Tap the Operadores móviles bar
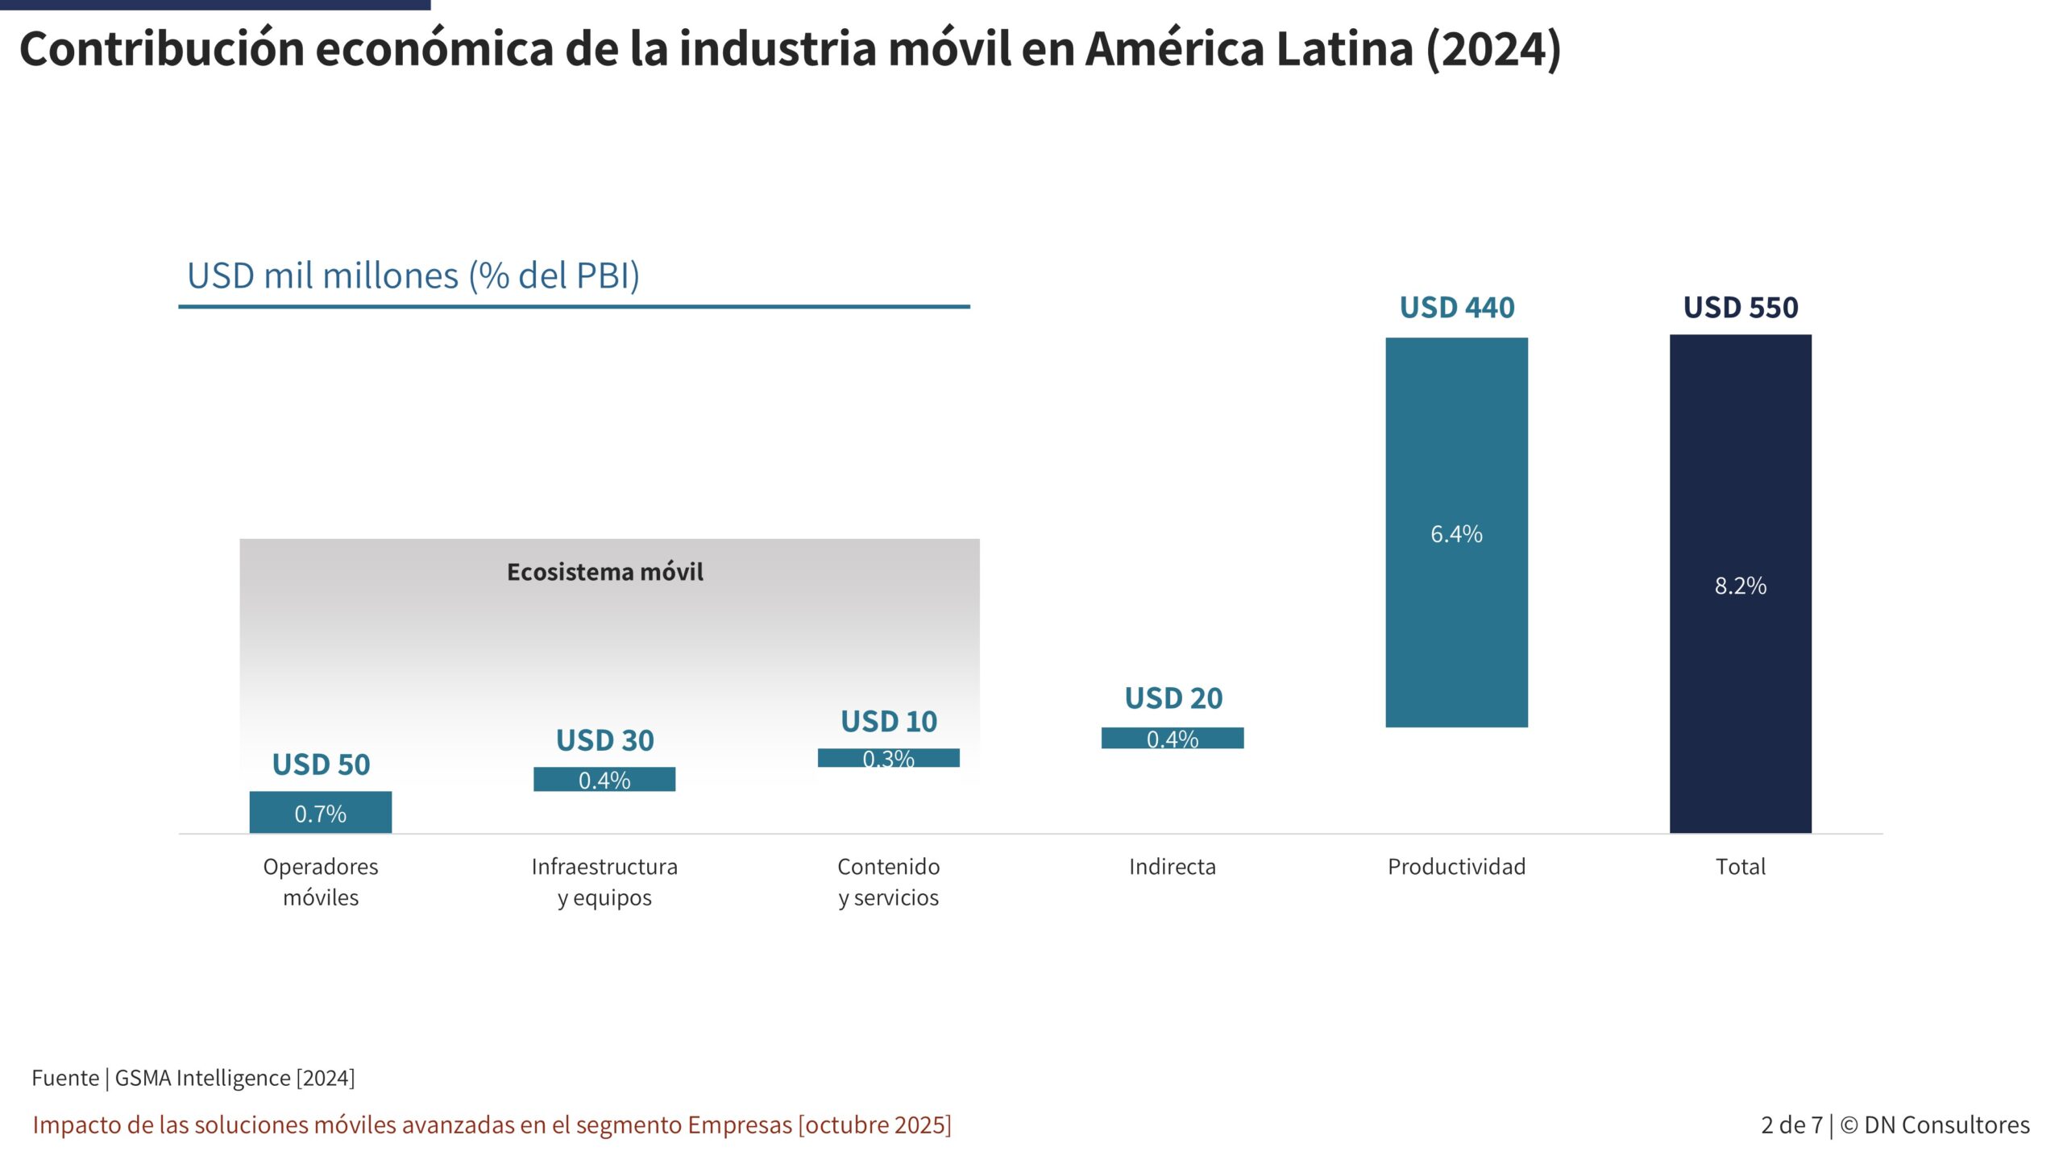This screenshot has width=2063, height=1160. coord(320,812)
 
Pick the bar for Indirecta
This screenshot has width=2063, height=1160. coord(1172,738)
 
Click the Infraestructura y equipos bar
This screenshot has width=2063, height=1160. coord(604,779)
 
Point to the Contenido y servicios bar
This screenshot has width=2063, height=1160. coord(888,757)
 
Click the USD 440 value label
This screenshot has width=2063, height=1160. coord(1456,308)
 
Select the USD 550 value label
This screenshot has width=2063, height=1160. coord(1740,308)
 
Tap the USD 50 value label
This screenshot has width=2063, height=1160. coord(321,764)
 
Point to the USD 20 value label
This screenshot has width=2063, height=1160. coord(1173,698)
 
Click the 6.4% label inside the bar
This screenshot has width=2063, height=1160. coord(1456,534)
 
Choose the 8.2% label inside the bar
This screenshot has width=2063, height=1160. coord(1740,586)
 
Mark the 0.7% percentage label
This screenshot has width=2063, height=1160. coord(320,814)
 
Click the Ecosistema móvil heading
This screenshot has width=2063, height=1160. coord(604,572)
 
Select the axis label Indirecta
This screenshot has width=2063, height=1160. coord(1172,867)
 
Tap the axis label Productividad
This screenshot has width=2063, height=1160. coord(1456,867)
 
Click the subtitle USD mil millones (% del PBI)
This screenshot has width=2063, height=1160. coord(413,275)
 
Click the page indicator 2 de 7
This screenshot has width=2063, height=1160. coord(1791,1125)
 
